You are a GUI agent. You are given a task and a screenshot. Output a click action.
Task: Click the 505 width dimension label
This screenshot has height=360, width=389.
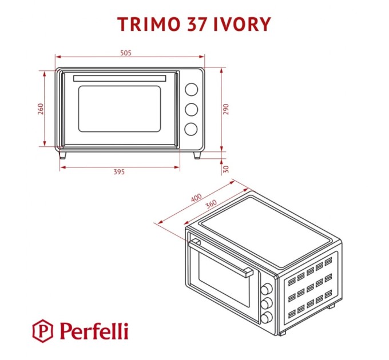pyautogui.click(x=126, y=53)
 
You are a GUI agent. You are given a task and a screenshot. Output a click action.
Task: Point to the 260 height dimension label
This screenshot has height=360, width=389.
pyautogui.click(x=41, y=109)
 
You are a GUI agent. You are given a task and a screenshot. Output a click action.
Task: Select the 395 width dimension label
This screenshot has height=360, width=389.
pyautogui.click(x=119, y=173)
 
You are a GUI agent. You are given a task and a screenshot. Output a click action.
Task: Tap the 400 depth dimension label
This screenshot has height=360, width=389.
pyautogui.click(x=197, y=199)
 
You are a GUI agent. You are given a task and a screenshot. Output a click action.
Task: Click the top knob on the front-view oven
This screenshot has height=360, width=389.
pyautogui.click(x=191, y=89)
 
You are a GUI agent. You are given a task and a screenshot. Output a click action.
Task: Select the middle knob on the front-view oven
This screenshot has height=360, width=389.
pyautogui.click(x=191, y=109)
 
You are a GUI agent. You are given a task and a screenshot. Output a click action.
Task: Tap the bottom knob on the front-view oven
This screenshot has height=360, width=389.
pyautogui.click(x=191, y=129)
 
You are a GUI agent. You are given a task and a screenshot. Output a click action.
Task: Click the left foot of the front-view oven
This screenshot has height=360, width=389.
pyautogui.click(x=62, y=154)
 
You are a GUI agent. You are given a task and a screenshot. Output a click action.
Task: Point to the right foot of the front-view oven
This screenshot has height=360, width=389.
pyautogui.click(x=197, y=154)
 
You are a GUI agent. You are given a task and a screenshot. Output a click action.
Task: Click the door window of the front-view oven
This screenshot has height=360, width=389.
pyautogui.click(x=120, y=108)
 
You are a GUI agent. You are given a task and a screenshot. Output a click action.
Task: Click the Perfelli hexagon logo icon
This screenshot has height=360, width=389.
pyautogui.click(x=42, y=330)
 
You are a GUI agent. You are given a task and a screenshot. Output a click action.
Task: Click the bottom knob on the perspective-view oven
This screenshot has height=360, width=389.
pyautogui.click(x=266, y=317)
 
